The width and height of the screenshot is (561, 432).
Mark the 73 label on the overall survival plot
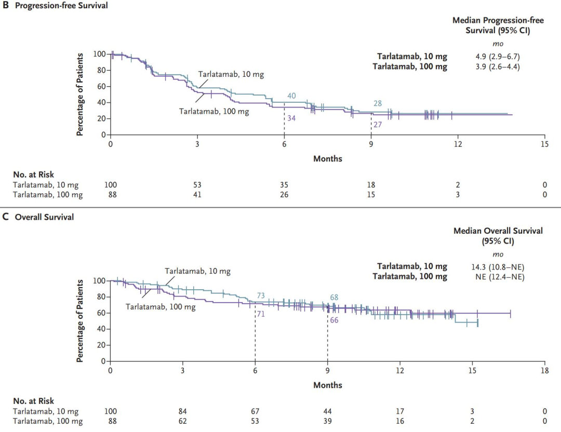pyautogui.click(x=261, y=295)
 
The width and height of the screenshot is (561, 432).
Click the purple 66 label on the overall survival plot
pyautogui.click(x=334, y=320)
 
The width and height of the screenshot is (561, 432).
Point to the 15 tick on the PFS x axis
pyautogui.click(x=544, y=144)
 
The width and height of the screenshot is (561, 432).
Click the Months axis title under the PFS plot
pyautogui.click(x=327, y=158)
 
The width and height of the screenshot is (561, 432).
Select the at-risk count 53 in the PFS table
pyautogui.click(x=197, y=185)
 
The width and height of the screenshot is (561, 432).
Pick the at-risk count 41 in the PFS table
pyautogui.click(x=197, y=195)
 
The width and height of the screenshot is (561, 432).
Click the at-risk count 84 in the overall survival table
pyautogui.click(x=183, y=412)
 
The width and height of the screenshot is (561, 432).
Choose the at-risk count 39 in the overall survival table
pyautogui.click(x=327, y=421)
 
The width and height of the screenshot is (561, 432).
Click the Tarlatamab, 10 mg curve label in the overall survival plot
pyautogui.click(x=197, y=271)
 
